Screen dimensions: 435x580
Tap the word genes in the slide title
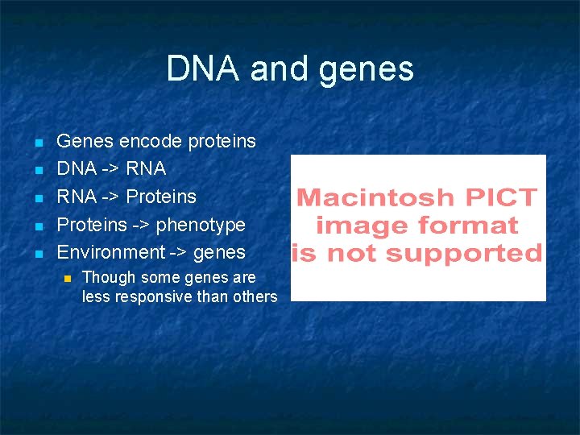(367, 70)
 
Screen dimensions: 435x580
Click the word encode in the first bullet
(151, 142)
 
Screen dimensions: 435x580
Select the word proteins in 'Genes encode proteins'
(222, 143)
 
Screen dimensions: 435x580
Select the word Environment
(110, 252)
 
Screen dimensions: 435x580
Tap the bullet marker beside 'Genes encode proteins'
(38, 143)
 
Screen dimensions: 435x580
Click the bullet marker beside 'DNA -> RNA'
(38, 171)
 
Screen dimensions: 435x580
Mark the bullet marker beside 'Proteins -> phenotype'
(38, 226)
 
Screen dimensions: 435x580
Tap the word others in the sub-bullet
(255, 296)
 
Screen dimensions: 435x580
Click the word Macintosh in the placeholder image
(364, 197)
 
